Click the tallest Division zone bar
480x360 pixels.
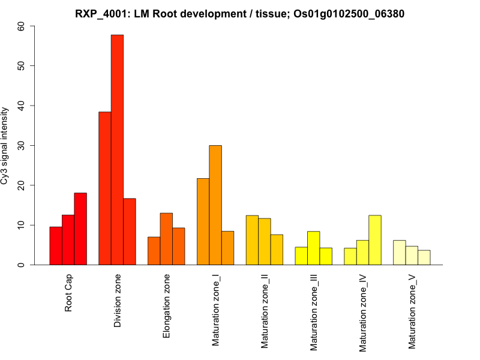tap(117, 150)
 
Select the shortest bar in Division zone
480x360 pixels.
tap(130, 232)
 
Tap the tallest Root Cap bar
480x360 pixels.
tap(80, 229)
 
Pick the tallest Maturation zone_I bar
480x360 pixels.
tap(215, 205)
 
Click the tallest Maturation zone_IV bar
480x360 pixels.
tap(375, 240)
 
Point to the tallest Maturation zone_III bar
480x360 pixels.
tap(313, 248)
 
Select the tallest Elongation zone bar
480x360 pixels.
tap(166, 239)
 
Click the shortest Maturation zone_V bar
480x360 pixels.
tap(424, 257)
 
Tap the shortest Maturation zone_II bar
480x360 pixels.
tap(277, 250)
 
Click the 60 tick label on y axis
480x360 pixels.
tap(22, 26)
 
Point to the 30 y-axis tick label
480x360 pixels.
tap(22, 145)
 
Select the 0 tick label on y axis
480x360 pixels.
tap(22, 265)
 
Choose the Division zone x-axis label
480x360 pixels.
tap(118, 301)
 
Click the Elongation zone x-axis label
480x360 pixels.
tap(167, 306)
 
